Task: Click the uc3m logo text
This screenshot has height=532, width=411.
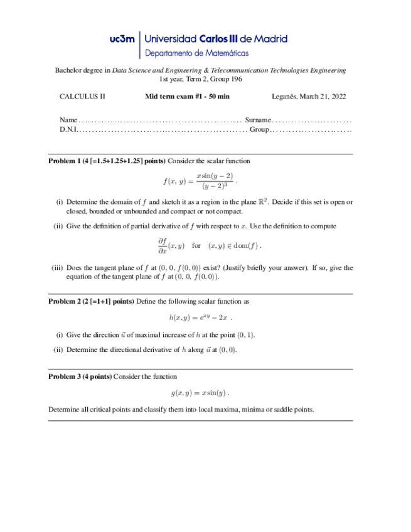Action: click(122, 39)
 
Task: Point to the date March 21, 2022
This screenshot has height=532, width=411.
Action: click(323, 97)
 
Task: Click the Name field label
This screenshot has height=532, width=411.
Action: click(68, 120)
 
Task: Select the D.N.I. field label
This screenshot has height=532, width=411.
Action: click(68, 129)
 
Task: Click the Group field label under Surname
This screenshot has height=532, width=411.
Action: click(259, 129)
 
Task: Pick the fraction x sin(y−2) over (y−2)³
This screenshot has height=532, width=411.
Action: click(214, 181)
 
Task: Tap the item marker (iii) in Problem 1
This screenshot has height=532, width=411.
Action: click(57, 268)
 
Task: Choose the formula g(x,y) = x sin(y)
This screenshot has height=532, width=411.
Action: click(199, 393)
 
